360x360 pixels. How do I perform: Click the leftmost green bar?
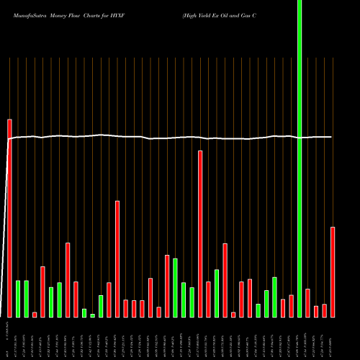point(18,299)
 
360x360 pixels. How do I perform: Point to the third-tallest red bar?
point(117,259)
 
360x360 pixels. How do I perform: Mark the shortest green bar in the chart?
point(93,315)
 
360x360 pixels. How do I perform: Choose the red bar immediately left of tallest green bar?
point(292,306)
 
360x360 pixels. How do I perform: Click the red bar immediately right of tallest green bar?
point(307,303)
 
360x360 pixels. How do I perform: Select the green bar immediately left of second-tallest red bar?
point(192,302)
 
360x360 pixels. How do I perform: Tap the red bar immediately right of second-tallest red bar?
point(209,300)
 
